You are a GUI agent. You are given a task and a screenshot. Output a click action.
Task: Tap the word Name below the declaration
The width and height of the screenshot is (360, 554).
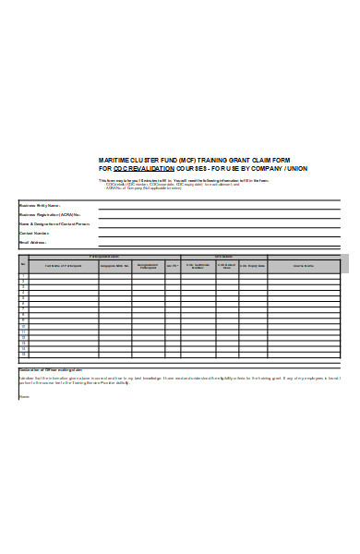[23, 396]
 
